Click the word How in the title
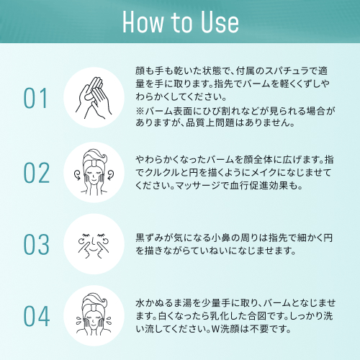pyautogui.click(x=143, y=22)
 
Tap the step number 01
pyautogui.click(x=35, y=98)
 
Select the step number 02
pyautogui.click(x=37, y=173)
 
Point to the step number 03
pyautogui.click(x=37, y=244)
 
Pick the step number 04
pyautogui.click(x=37, y=316)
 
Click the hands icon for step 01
pyautogui.click(x=94, y=98)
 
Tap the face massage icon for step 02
pyautogui.click(x=94, y=172)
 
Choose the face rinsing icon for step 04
pyautogui.click(x=94, y=315)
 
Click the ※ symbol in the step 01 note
pyautogui.click(x=140, y=111)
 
